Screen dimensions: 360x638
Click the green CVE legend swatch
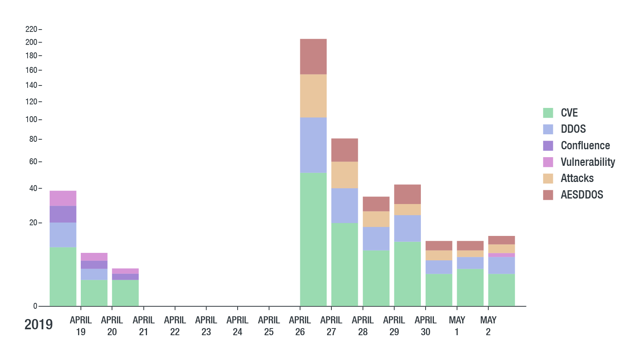tap(548, 113)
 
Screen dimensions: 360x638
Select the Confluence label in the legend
tap(585, 145)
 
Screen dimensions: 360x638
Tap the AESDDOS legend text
tap(582, 195)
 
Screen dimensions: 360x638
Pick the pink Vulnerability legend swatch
tap(548, 162)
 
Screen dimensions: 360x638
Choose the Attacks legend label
tap(577, 178)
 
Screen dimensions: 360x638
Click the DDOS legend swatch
tap(548, 129)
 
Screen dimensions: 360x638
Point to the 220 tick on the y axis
tap(32, 29)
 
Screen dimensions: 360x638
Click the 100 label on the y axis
tap(32, 119)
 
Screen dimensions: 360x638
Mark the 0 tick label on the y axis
tap(35, 306)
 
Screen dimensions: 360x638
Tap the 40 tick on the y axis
tap(33, 188)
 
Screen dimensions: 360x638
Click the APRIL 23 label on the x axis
tap(206, 326)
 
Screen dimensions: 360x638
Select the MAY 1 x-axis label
tap(457, 326)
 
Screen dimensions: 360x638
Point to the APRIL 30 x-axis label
tap(426, 326)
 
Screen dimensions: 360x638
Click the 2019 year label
tap(39, 325)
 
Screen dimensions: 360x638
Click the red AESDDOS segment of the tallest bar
tap(313, 56)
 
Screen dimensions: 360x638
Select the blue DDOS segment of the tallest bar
tap(313, 145)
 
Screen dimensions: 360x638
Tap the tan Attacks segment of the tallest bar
tap(313, 96)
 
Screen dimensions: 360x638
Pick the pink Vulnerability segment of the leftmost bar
tap(63, 198)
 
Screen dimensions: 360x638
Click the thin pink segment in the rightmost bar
tap(502, 255)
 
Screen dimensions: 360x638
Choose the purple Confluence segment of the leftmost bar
tap(63, 214)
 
